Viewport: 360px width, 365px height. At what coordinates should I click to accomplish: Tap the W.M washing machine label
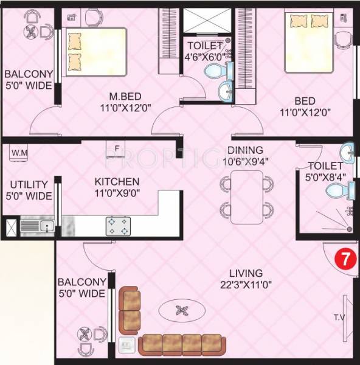[x=19, y=152]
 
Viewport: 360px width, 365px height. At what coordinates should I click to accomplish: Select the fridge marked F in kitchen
[x=116, y=148]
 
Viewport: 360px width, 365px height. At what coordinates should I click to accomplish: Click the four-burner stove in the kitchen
[x=119, y=226]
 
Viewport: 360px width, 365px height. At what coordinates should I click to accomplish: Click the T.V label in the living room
[x=339, y=317]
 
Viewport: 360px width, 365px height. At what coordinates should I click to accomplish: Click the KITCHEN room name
[x=116, y=181]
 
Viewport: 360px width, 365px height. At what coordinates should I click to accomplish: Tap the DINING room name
[x=245, y=150]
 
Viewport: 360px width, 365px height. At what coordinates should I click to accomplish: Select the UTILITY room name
[x=27, y=184]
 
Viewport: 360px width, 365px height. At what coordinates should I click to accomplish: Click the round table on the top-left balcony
[x=30, y=32]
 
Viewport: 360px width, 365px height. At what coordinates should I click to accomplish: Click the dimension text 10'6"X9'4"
[x=245, y=161]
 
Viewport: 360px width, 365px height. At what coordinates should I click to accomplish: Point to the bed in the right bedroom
[x=309, y=41]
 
